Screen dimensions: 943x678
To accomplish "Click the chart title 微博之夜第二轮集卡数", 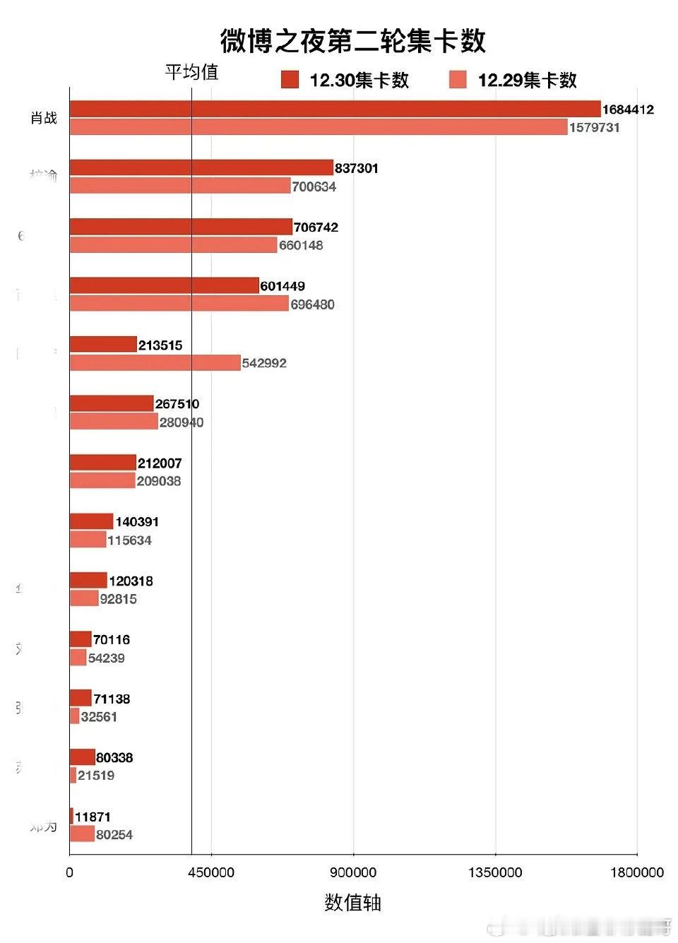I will pyautogui.click(x=352, y=41).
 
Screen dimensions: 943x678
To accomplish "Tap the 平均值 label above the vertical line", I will pyautogui.click(x=191, y=72).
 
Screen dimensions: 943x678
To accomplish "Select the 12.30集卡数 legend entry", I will pyautogui.click(x=346, y=80).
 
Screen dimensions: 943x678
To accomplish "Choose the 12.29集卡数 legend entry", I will pyautogui.click(x=514, y=80).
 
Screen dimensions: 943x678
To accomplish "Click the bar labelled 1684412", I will pyautogui.click(x=335, y=109).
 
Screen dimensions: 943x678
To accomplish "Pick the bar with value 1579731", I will pyautogui.click(x=319, y=127).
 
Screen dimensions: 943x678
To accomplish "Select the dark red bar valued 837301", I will pyautogui.click(x=201, y=167).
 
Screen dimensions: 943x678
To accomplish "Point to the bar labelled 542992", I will pyautogui.click(x=155, y=362).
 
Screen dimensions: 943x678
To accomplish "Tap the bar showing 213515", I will pyautogui.click(x=103, y=344).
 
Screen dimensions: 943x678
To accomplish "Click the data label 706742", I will pyautogui.click(x=316, y=227).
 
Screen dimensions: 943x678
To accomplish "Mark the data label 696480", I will pyautogui.click(x=312, y=304).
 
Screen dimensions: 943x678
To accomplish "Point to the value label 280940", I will pyautogui.click(x=182, y=422).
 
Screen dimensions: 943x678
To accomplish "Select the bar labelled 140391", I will pyautogui.click(x=91, y=521).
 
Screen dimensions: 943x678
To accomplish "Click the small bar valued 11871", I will pyautogui.click(x=71, y=816).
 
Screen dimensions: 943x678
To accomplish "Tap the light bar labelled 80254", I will pyautogui.click(x=82, y=834).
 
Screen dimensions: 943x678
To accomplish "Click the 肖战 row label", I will pyautogui.click(x=44, y=118).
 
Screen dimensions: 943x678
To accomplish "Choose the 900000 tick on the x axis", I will pyautogui.click(x=353, y=872).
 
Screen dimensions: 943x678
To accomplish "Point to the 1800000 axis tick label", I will pyautogui.click(x=636, y=872).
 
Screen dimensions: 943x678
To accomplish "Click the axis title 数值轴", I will pyautogui.click(x=352, y=903).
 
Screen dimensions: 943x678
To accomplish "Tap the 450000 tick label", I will pyautogui.click(x=211, y=872).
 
